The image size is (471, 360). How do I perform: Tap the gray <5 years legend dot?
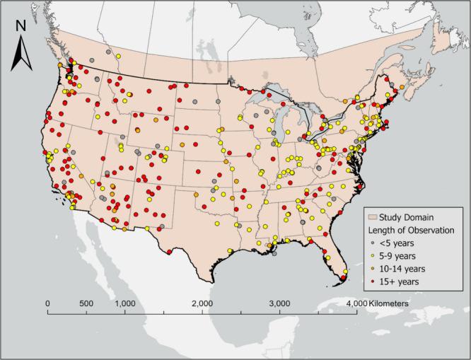click(373, 243)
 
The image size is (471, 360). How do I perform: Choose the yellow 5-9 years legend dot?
click(373, 255)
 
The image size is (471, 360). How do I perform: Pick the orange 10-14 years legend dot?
click(373, 269)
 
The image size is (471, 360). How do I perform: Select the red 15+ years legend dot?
click(373, 281)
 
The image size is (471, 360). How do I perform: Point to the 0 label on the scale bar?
click(48, 303)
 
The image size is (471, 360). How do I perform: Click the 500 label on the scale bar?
click(86, 303)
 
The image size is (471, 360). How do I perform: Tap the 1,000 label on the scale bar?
click(124, 303)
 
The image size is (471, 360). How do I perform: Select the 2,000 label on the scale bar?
click(202, 303)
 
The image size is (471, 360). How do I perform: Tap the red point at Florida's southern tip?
click(343, 278)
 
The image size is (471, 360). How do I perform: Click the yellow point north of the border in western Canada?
click(119, 56)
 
